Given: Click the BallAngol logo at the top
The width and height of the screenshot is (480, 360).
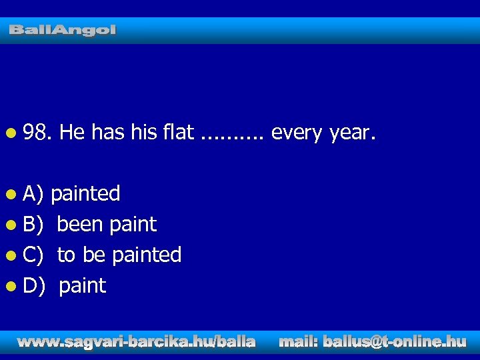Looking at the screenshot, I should click(63, 30).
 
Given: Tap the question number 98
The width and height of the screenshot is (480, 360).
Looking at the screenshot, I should click(37, 133).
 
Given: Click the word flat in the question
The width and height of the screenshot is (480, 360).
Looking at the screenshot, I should click(177, 133).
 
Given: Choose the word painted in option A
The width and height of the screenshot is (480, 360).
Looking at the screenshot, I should click(85, 194).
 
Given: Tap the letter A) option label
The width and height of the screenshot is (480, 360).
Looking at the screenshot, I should click(33, 194).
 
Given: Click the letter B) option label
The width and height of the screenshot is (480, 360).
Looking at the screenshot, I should click(33, 225).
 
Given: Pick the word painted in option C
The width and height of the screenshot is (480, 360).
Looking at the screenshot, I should click(147, 255).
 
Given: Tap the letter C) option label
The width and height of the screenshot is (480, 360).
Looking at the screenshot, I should click(33, 255).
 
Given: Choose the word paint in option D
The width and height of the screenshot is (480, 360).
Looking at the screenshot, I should click(82, 286).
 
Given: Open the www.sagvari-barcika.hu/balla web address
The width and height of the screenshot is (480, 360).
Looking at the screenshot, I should click(136, 342).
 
